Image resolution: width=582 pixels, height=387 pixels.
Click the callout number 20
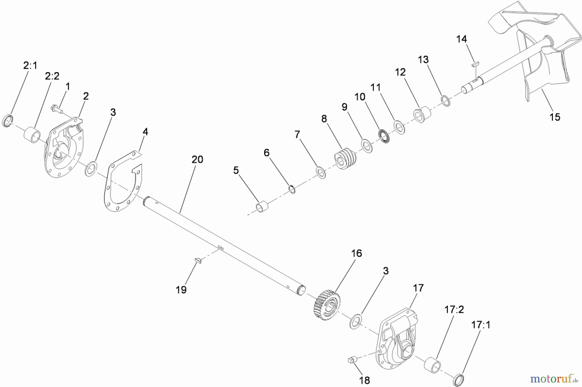click(197, 159)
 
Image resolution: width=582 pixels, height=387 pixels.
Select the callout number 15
click(555, 117)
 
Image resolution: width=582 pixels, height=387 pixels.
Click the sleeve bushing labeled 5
click(263, 207)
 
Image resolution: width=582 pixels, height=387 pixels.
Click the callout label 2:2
click(52, 76)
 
